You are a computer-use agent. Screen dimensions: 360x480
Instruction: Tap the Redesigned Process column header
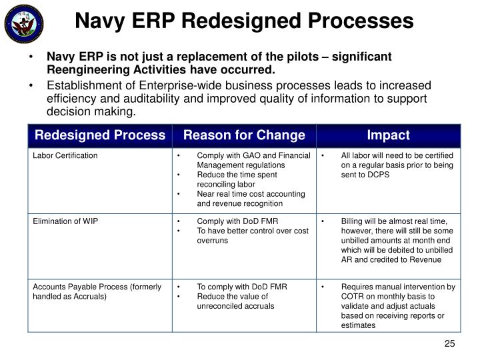coord(100,135)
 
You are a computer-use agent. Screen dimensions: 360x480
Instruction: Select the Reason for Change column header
coord(244,135)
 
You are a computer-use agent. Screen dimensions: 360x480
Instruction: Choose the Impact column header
coord(388,135)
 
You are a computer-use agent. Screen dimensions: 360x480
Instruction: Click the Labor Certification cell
coord(65,155)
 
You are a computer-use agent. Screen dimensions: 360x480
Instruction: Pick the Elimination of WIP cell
coord(65,221)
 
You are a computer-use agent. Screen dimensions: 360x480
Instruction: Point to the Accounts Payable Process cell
coord(97,291)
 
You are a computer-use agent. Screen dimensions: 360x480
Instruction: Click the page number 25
coord(449,344)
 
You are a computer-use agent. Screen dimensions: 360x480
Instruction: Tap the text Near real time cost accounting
coord(251,194)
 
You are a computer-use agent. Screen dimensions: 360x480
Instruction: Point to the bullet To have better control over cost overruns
coord(252,235)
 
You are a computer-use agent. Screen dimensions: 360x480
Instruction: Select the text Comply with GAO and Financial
coord(253,155)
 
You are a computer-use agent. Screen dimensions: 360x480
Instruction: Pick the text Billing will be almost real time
coord(397,221)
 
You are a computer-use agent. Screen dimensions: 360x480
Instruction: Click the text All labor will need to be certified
coord(397,155)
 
